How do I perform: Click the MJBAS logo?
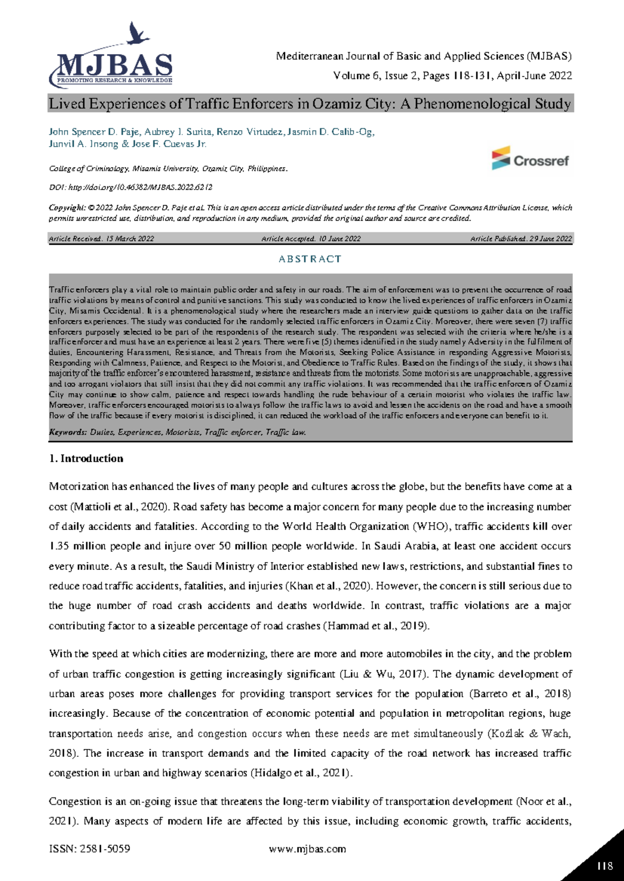click(x=110, y=68)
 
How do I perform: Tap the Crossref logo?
click(x=530, y=159)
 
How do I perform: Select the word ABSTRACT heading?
click(x=310, y=259)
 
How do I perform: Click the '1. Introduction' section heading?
click(x=86, y=458)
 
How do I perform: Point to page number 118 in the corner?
click(x=605, y=866)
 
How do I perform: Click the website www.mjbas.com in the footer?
click(x=307, y=849)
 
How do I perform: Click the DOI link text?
click(x=131, y=187)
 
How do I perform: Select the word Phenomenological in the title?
click(x=473, y=104)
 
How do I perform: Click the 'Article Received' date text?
click(x=101, y=239)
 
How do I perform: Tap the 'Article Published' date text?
click(x=521, y=239)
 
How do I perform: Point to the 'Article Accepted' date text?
click(x=310, y=239)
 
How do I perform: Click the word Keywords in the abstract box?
click(x=68, y=432)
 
